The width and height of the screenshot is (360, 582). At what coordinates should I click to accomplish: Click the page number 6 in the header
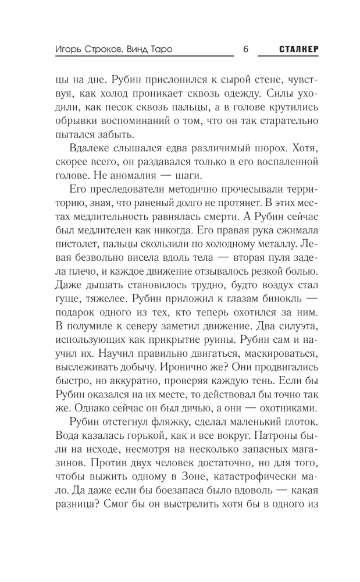(x=245, y=49)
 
